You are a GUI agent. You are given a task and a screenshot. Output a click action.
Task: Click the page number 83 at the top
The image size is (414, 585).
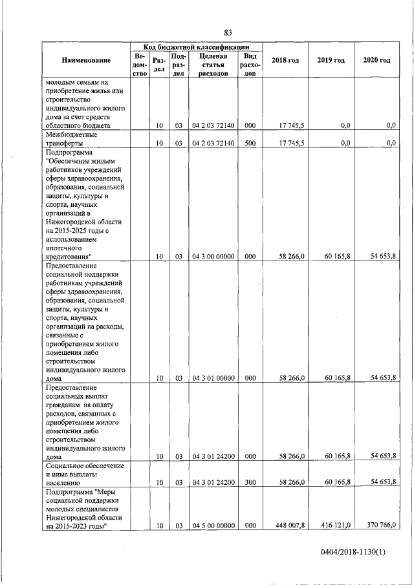[x=228, y=33]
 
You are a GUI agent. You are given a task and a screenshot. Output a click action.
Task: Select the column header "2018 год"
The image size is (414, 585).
[x=285, y=60]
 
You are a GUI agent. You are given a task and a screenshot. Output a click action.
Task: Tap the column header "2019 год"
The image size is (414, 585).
[x=331, y=60]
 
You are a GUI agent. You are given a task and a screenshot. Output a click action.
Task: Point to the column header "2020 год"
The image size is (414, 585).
[x=376, y=60]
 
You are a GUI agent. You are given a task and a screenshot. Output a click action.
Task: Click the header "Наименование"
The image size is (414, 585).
[x=86, y=60]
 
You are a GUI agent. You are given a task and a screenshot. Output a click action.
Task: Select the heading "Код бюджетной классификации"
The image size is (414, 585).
[x=196, y=47]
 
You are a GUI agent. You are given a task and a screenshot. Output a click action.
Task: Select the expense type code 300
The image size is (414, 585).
[x=250, y=482]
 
